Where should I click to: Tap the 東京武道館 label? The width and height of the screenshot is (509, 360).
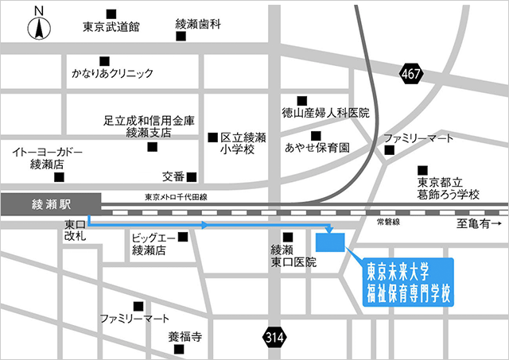(x=111, y=27)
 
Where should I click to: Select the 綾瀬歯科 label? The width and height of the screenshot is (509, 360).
(x=198, y=25)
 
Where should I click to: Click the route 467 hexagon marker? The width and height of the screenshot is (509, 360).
(x=410, y=73)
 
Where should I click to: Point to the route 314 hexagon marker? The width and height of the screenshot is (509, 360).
(x=274, y=338)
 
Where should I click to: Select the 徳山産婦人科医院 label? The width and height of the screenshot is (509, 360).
(x=326, y=114)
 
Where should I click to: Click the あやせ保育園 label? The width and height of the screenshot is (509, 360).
(x=317, y=148)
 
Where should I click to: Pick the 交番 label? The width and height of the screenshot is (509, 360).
(x=173, y=176)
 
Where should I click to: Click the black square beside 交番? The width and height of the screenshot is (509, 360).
(x=191, y=176)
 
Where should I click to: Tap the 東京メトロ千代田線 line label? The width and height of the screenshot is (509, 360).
(x=176, y=197)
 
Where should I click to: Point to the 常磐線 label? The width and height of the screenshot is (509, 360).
(x=387, y=223)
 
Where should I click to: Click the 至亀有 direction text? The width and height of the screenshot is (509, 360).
(x=476, y=224)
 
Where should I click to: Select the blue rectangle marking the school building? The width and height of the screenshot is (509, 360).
(x=331, y=242)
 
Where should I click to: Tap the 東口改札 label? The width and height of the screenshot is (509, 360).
(x=76, y=232)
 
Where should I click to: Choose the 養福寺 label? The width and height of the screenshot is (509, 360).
(x=185, y=337)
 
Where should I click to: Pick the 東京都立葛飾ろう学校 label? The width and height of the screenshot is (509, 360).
(x=449, y=188)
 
